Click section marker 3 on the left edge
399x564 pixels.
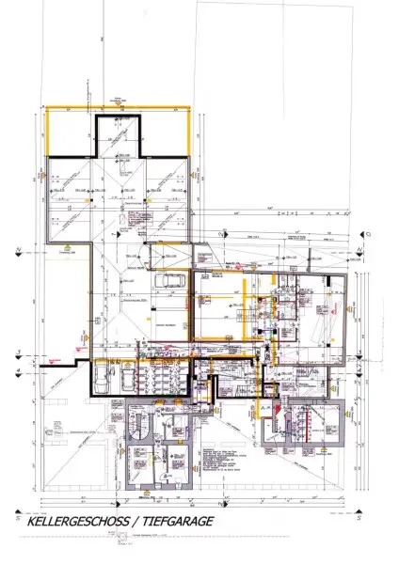(17, 354)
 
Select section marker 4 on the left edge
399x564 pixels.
(17, 370)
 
